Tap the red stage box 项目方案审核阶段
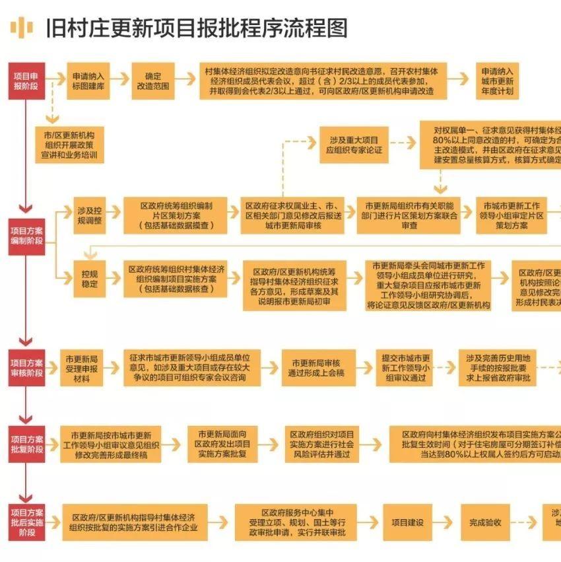(x=26, y=368)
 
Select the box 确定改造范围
(x=153, y=81)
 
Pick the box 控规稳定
(x=90, y=279)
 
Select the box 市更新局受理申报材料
(x=82, y=368)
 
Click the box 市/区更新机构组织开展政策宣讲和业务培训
(x=69, y=145)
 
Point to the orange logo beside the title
(x=21, y=27)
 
